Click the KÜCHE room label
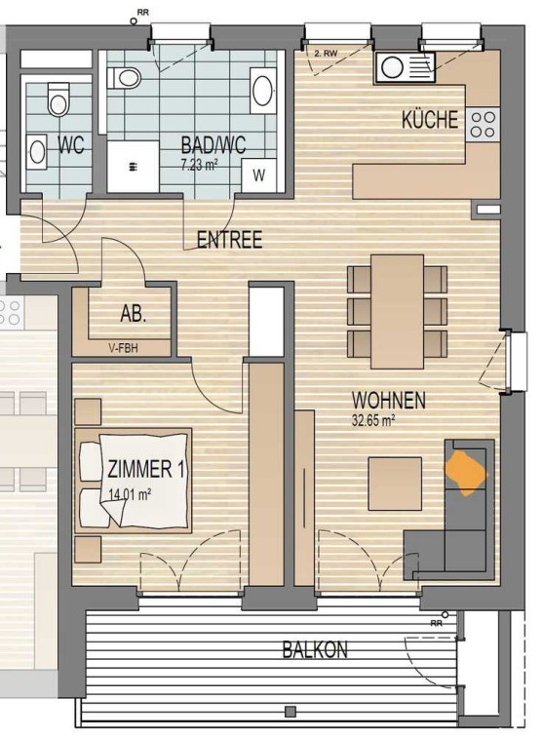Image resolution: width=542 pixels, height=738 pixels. pyautogui.click(x=430, y=119)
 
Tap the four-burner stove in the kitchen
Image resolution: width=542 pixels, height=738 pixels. pyautogui.click(x=483, y=124)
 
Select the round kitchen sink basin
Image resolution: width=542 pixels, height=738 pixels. pyautogui.click(x=393, y=67)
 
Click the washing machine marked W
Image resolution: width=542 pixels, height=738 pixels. pyautogui.click(x=258, y=175)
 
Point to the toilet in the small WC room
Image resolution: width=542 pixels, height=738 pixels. pyautogui.click(x=58, y=99)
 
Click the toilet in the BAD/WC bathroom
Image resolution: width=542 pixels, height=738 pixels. pyautogui.click(x=124, y=78)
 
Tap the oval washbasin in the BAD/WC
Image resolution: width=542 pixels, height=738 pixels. pyautogui.click(x=262, y=91)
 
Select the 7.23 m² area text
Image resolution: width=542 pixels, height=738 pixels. pyautogui.click(x=199, y=165)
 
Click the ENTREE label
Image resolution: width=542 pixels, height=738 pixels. pyautogui.click(x=229, y=240)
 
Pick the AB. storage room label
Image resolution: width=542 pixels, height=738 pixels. pyautogui.click(x=134, y=314)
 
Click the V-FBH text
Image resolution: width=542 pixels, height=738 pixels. pyautogui.click(x=123, y=349)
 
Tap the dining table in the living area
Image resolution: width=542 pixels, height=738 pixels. pyautogui.click(x=397, y=312)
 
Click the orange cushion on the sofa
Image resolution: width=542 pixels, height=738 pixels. pyautogui.click(x=466, y=473)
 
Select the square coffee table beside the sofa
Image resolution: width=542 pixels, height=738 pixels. pyautogui.click(x=395, y=484)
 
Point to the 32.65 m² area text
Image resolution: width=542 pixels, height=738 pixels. pyautogui.click(x=373, y=420)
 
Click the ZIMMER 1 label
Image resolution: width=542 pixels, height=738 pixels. pyautogui.click(x=146, y=470)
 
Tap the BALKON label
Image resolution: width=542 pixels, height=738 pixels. pyautogui.click(x=315, y=650)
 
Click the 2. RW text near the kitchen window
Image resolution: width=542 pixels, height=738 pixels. pyautogui.click(x=326, y=54)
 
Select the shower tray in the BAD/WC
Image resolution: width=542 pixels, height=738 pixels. pyautogui.click(x=134, y=167)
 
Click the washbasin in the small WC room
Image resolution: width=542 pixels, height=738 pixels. pyautogui.click(x=37, y=151)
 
